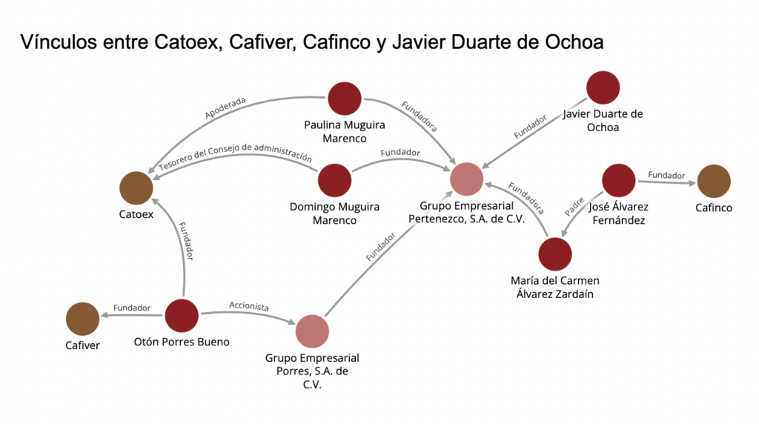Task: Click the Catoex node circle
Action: (136, 188)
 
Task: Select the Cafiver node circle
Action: (83, 319)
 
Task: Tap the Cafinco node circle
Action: (714, 182)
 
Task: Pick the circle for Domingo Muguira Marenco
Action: (334, 180)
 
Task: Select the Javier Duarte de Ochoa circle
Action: (603, 87)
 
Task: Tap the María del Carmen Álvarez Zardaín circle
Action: (555, 254)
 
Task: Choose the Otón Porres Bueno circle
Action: (182, 316)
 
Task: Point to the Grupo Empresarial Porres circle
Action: (312, 331)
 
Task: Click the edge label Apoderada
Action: (225, 108)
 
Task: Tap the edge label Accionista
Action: (248, 306)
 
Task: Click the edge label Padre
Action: (574, 206)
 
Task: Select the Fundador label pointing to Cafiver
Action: (132, 308)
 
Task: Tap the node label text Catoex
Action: (136, 215)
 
